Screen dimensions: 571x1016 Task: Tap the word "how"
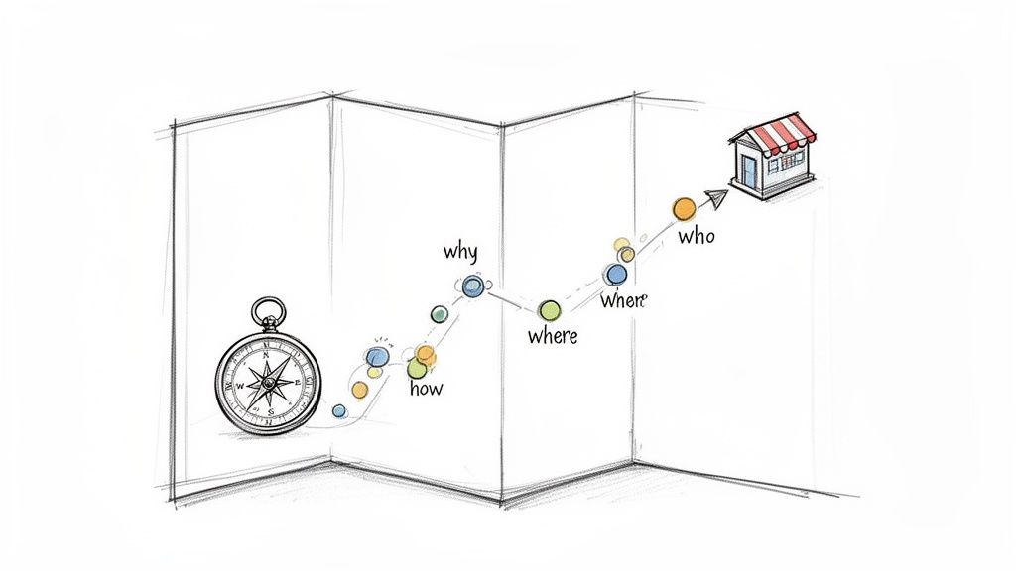tap(426, 388)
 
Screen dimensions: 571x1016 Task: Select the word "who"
tap(696, 237)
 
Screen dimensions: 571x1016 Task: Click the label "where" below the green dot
tap(553, 336)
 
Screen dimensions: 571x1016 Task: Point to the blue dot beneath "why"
tap(473, 286)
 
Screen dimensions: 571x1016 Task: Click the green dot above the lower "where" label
tap(549, 310)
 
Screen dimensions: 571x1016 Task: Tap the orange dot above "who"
tap(684, 208)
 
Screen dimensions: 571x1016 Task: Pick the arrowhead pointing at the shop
tap(717, 198)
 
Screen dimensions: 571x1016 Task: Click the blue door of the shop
tap(748, 172)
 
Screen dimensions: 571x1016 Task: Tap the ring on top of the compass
tap(267, 313)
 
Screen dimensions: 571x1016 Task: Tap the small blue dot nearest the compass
tap(339, 410)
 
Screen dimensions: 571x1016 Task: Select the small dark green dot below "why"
tap(439, 314)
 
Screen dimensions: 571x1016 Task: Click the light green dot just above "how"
tap(417, 368)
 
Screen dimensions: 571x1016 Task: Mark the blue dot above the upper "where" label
tap(616, 274)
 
